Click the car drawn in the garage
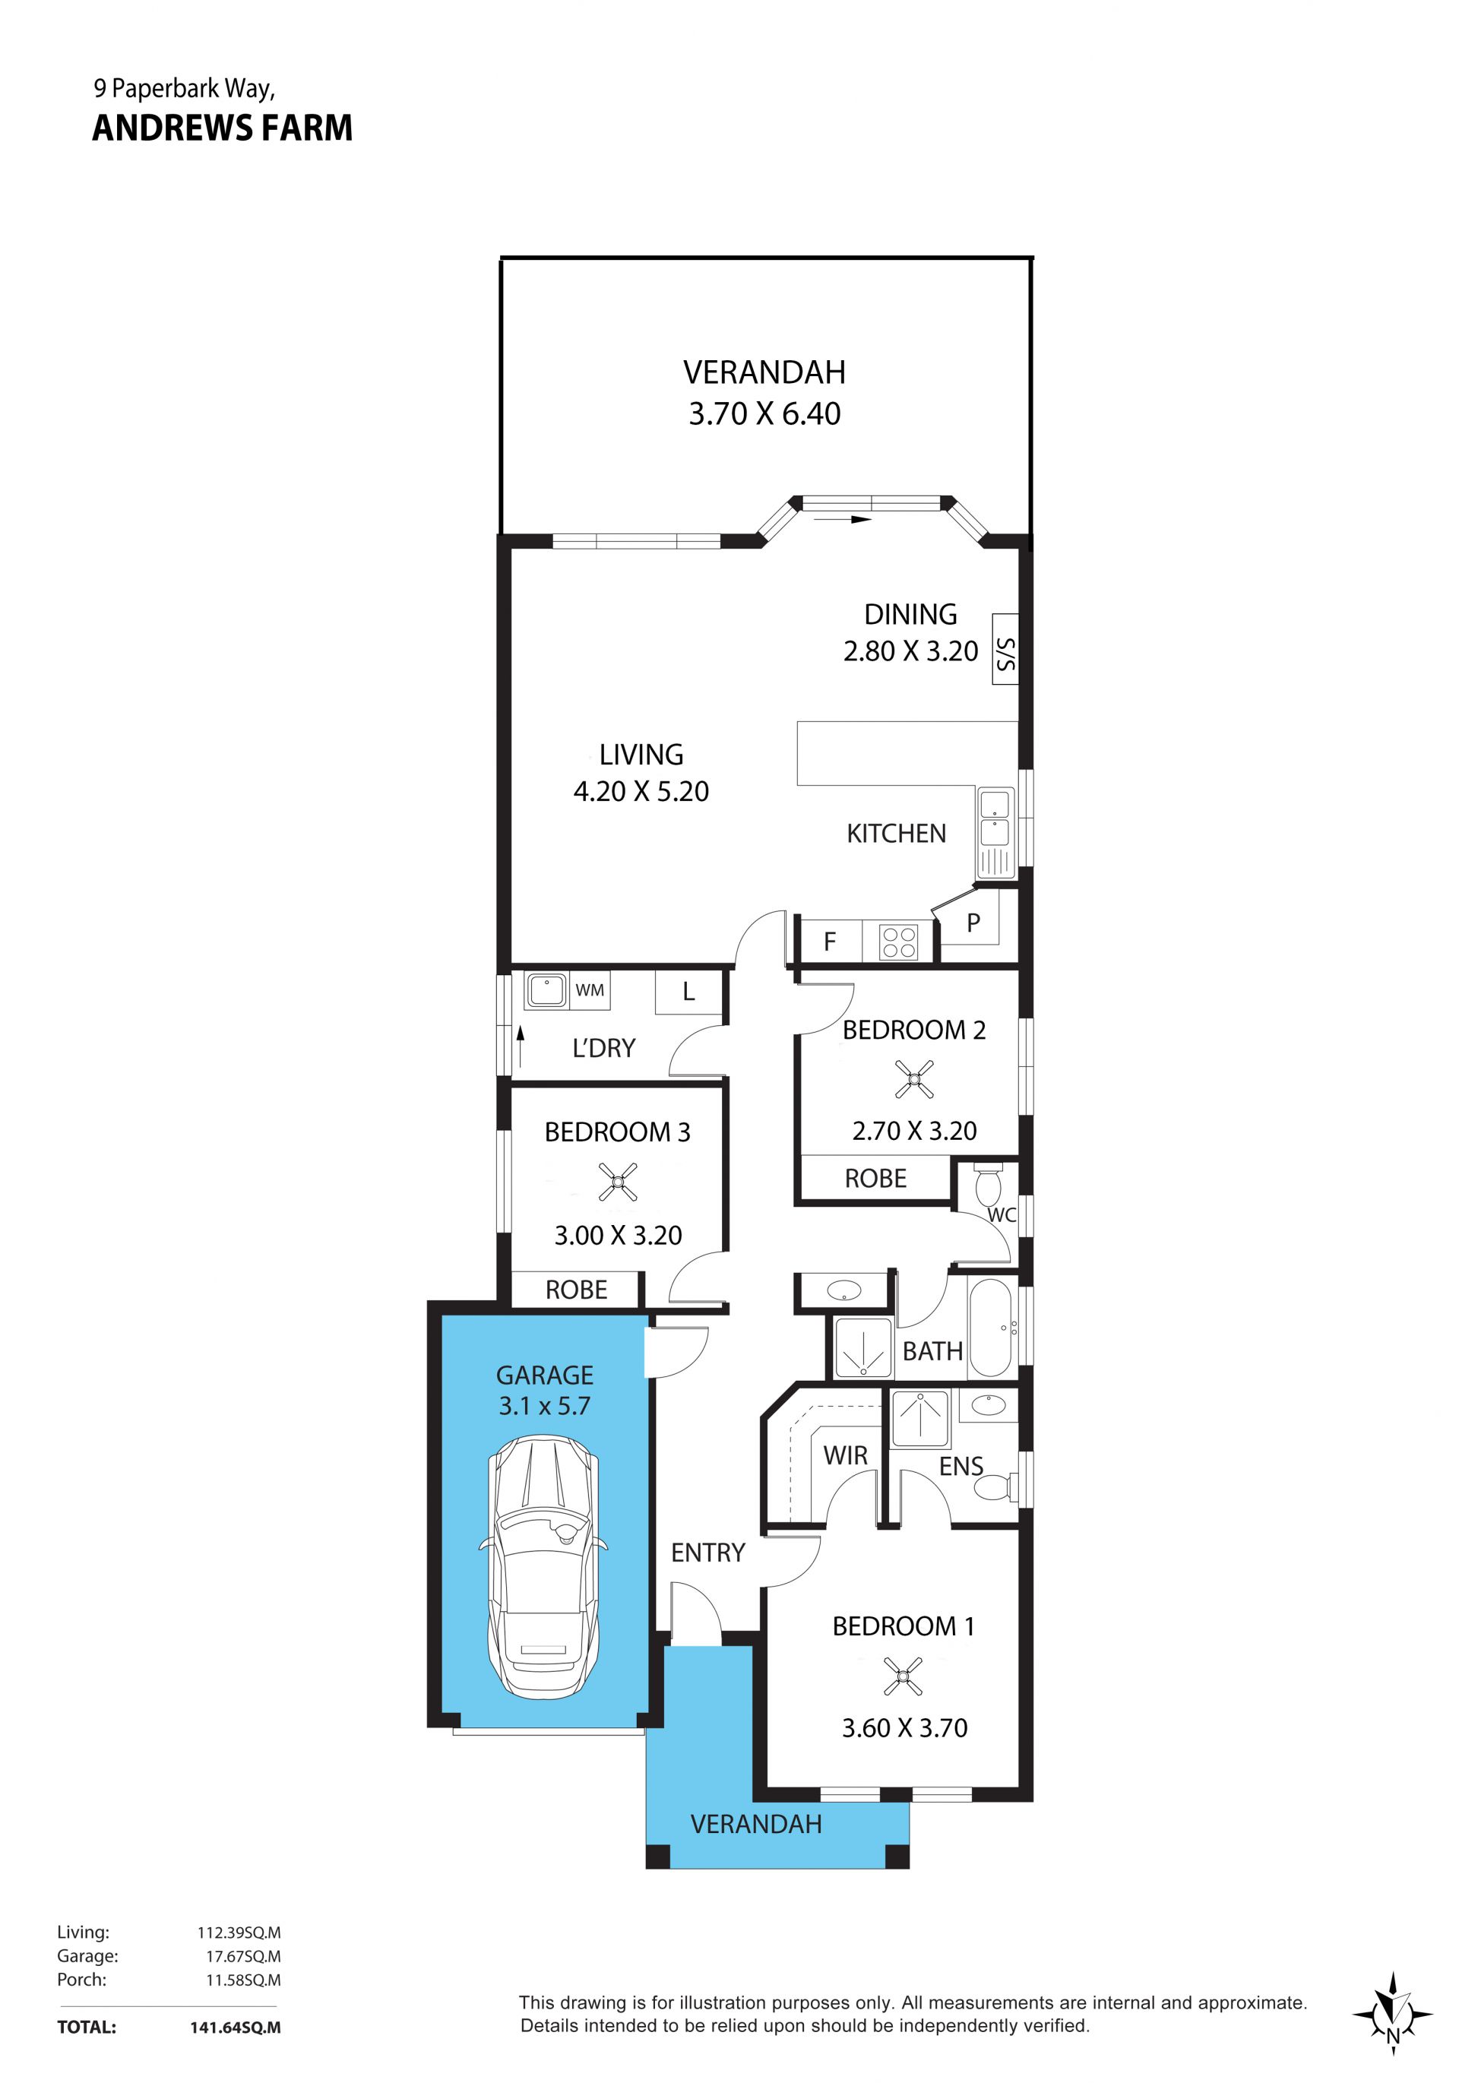pyautogui.click(x=543, y=1566)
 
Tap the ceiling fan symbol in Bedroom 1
pyautogui.click(x=903, y=1676)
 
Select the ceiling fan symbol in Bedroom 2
pyautogui.click(x=913, y=1078)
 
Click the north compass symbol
pyautogui.click(x=1392, y=2013)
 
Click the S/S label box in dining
pyautogui.click(x=1005, y=649)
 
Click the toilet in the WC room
pyautogui.click(x=987, y=1186)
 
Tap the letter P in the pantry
pyautogui.click(x=973, y=923)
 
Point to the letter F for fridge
pyautogui.click(x=829, y=942)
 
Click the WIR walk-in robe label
pyautogui.click(x=846, y=1456)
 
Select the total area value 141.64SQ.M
pyautogui.click(x=235, y=2028)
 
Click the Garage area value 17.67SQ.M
pyautogui.click(x=243, y=1957)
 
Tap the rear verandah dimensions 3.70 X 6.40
pyautogui.click(x=764, y=413)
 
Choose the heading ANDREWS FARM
pyautogui.click(x=223, y=128)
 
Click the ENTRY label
pyautogui.click(x=707, y=1553)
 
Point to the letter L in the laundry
pyautogui.click(x=688, y=992)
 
